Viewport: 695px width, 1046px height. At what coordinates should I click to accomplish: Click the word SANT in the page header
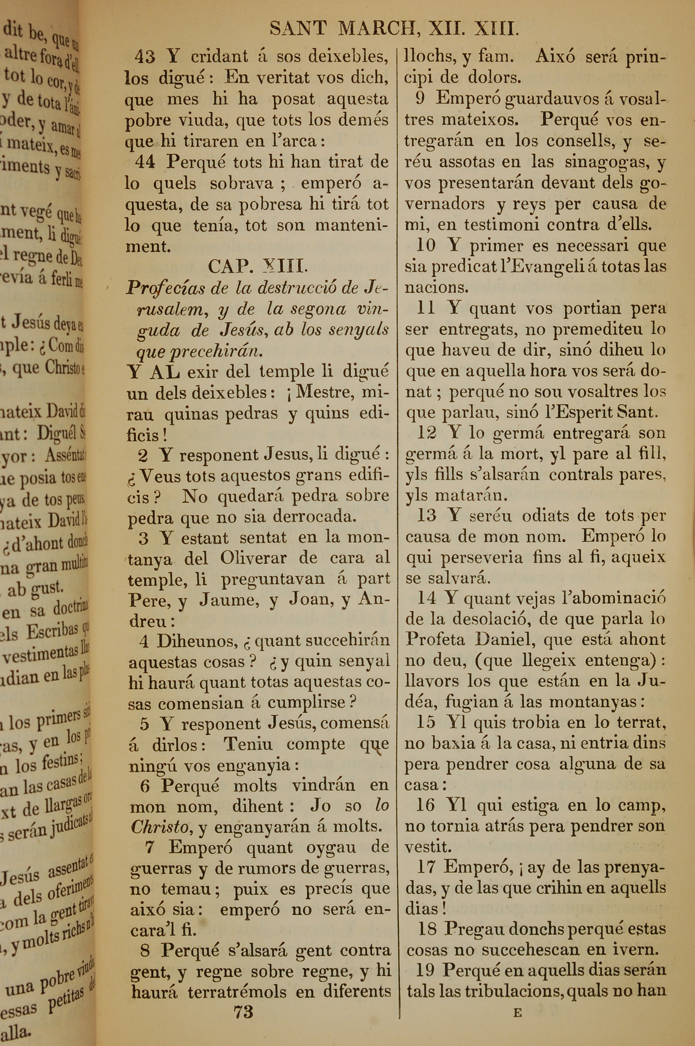(298, 29)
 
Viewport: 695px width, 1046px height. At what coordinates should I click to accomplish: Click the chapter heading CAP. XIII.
(257, 266)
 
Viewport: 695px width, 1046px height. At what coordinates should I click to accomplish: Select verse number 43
(145, 57)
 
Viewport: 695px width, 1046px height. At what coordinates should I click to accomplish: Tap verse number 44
(145, 162)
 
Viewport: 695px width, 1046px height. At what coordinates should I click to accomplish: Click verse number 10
(426, 246)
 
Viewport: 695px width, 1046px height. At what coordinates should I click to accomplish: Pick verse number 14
(426, 598)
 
